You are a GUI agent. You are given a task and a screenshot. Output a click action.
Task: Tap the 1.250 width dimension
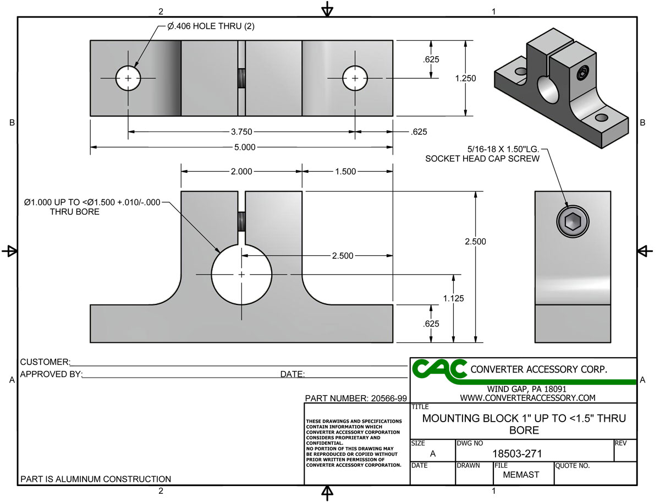pyautogui.click(x=465, y=79)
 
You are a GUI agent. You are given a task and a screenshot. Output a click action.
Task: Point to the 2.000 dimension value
pyautogui.click(x=241, y=172)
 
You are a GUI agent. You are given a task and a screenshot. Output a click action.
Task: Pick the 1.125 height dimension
pyautogui.click(x=453, y=299)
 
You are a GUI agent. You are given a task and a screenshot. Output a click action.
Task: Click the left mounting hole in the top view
pyautogui.click(x=128, y=78)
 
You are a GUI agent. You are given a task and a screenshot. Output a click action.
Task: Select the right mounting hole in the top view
pyautogui.click(x=355, y=78)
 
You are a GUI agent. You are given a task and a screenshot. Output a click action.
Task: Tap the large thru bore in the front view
pyautogui.click(x=241, y=274)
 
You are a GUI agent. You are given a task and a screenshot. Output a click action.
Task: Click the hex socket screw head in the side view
pyautogui.click(x=572, y=222)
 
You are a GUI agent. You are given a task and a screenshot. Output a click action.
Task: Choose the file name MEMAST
pyautogui.click(x=521, y=474)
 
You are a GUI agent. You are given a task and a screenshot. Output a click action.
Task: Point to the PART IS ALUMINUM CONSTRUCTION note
pyautogui.click(x=96, y=479)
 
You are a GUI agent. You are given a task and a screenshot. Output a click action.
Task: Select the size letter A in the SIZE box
pyautogui.click(x=432, y=454)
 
